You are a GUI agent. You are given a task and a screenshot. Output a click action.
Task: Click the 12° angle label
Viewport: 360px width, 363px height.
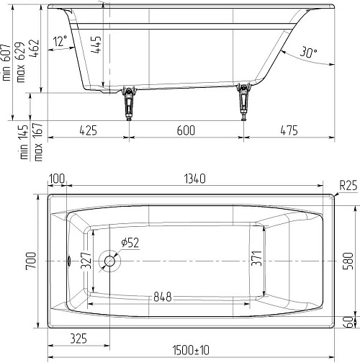[60, 41]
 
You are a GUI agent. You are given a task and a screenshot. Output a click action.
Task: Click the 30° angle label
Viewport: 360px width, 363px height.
[309, 52]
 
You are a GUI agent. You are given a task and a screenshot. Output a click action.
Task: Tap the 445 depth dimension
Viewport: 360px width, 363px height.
[96, 45]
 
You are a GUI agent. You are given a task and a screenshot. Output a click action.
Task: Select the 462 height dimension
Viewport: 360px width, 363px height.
[34, 48]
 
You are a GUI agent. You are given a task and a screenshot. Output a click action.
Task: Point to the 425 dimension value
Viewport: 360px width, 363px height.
[89, 130]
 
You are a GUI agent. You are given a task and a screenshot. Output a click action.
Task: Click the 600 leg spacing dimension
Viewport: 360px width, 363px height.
[186, 130]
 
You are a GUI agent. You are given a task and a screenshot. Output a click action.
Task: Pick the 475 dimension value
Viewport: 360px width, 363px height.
[289, 130]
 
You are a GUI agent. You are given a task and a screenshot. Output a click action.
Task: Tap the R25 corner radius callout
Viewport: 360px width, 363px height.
[348, 185]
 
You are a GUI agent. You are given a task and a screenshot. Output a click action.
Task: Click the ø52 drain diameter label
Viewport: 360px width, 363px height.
[130, 243]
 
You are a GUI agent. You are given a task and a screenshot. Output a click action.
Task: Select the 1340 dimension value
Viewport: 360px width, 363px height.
[195, 179]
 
